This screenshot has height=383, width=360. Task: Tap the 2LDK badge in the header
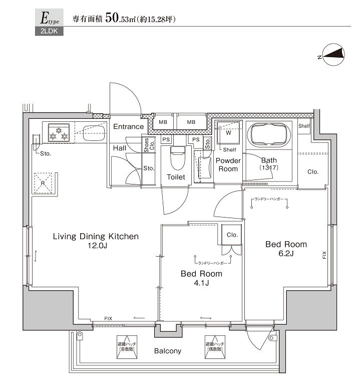click(46, 33)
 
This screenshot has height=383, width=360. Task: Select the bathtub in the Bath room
click(268, 135)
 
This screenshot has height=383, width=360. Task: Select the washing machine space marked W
click(227, 134)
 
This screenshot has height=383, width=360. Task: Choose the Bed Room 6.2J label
click(286, 249)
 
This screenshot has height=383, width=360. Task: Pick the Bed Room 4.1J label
click(201, 279)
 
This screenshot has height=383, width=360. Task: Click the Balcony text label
click(167, 351)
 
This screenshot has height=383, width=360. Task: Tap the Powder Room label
click(228, 165)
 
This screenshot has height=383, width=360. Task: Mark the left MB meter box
click(163, 122)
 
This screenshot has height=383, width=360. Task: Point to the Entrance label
click(128, 127)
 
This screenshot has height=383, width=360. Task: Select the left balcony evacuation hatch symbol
click(127, 345)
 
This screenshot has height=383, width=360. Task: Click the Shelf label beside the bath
click(304, 126)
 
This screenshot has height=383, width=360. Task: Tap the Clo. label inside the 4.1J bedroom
click(232, 235)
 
